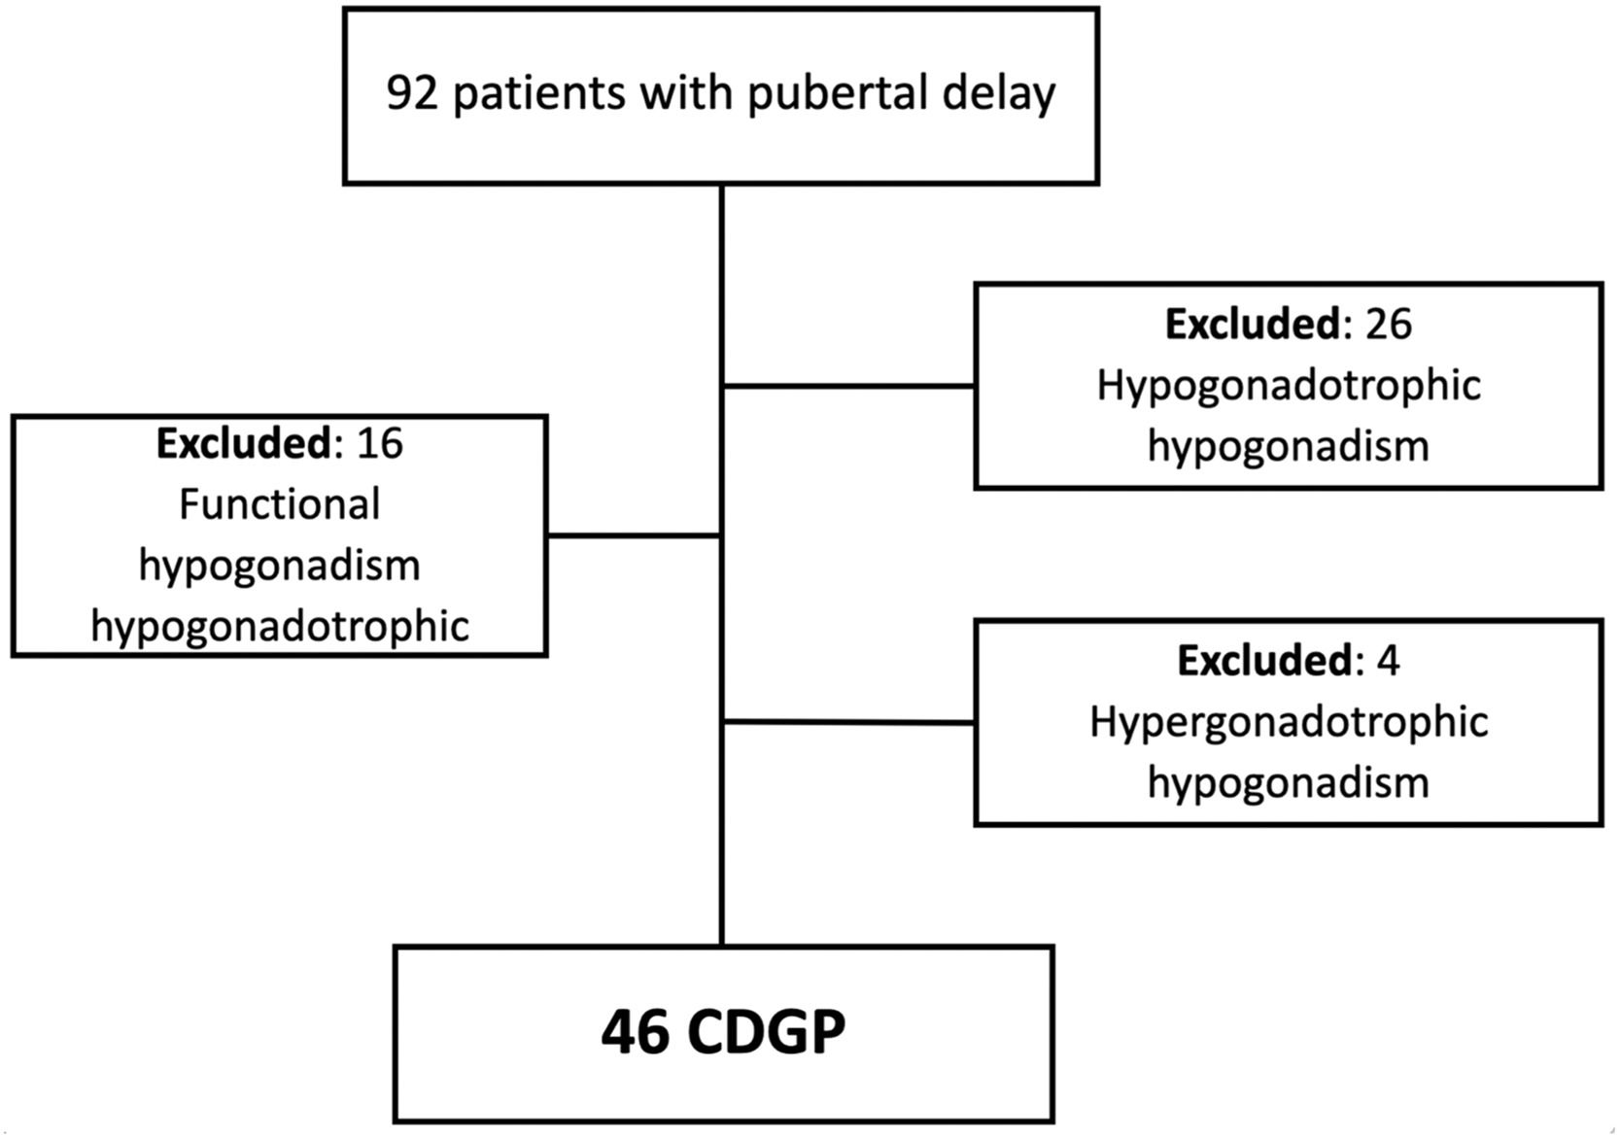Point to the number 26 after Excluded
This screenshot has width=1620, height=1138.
click(x=1388, y=324)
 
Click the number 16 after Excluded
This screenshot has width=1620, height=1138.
click(x=379, y=443)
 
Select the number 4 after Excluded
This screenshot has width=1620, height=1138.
click(x=1389, y=661)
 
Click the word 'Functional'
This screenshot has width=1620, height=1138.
click(x=280, y=504)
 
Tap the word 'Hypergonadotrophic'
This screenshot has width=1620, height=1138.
click(x=1289, y=722)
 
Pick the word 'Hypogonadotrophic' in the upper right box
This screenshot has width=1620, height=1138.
click(x=1289, y=386)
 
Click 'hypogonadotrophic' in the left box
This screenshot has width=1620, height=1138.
click(x=280, y=626)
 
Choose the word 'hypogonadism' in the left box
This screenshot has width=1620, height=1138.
click(x=280, y=566)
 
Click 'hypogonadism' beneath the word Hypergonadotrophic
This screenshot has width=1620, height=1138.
click(x=1289, y=783)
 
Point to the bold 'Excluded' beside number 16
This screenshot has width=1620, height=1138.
click(x=244, y=443)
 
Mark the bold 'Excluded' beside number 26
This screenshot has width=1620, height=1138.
click(x=1253, y=324)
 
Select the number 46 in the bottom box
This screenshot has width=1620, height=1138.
click(x=635, y=1032)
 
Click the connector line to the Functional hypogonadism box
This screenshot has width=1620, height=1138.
click(x=634, y=535)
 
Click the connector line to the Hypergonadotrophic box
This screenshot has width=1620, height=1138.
click(x=849, y=722)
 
